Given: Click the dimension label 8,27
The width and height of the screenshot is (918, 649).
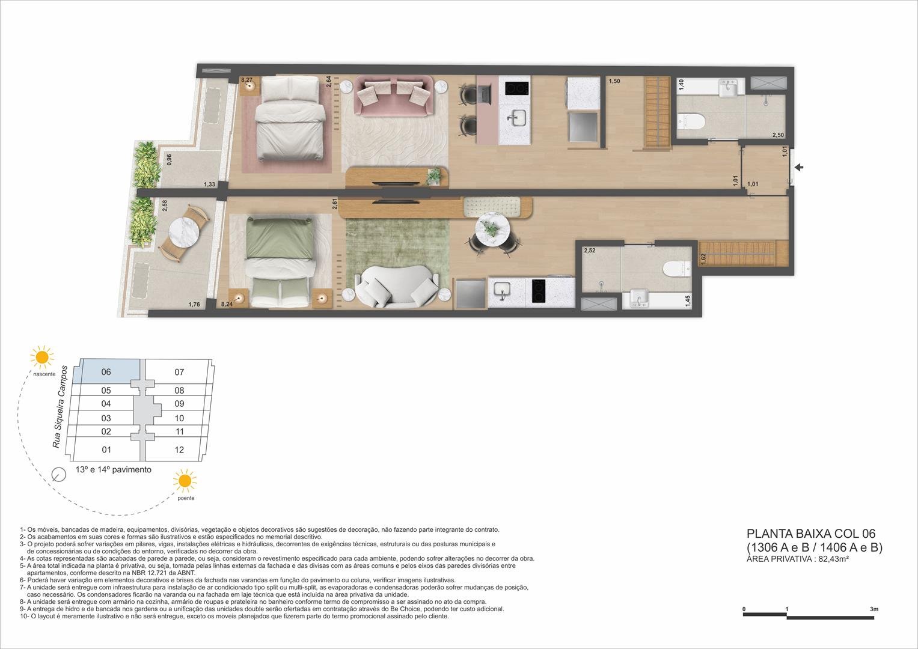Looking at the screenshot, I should pyautogui.click(x=246, y=79).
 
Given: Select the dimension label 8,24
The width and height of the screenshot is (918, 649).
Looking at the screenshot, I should pyautogui.click(x=227, y=305).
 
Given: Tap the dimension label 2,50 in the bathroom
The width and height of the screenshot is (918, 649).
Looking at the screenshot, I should pyautogui.click(x=778, y=135).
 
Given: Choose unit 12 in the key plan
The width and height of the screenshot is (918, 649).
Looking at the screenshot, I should pyautogui.click(x=179, y=450).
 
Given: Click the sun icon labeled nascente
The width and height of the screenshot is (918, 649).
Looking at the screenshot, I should pyautogui.click(x=42, y=356).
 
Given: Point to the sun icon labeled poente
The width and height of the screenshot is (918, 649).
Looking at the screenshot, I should pyautogui.click(x=185, y=481).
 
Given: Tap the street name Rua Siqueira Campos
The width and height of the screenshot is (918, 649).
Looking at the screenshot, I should pyautogui.click(x=60, y=406).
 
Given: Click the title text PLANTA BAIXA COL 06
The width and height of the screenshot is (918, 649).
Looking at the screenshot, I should pyautogui.click(x=810, y=533).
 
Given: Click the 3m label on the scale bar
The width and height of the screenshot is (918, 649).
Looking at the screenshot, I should pyautogui.click(x=874, y=609).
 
